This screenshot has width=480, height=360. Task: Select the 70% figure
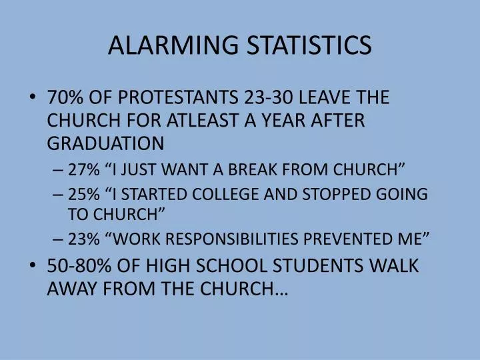(x=65, y=97)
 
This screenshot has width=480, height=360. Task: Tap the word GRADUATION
(x=105, y=143)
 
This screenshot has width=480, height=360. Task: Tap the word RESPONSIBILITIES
(x=247, y=239)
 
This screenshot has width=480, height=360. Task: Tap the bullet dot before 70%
(x=34, y=97)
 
